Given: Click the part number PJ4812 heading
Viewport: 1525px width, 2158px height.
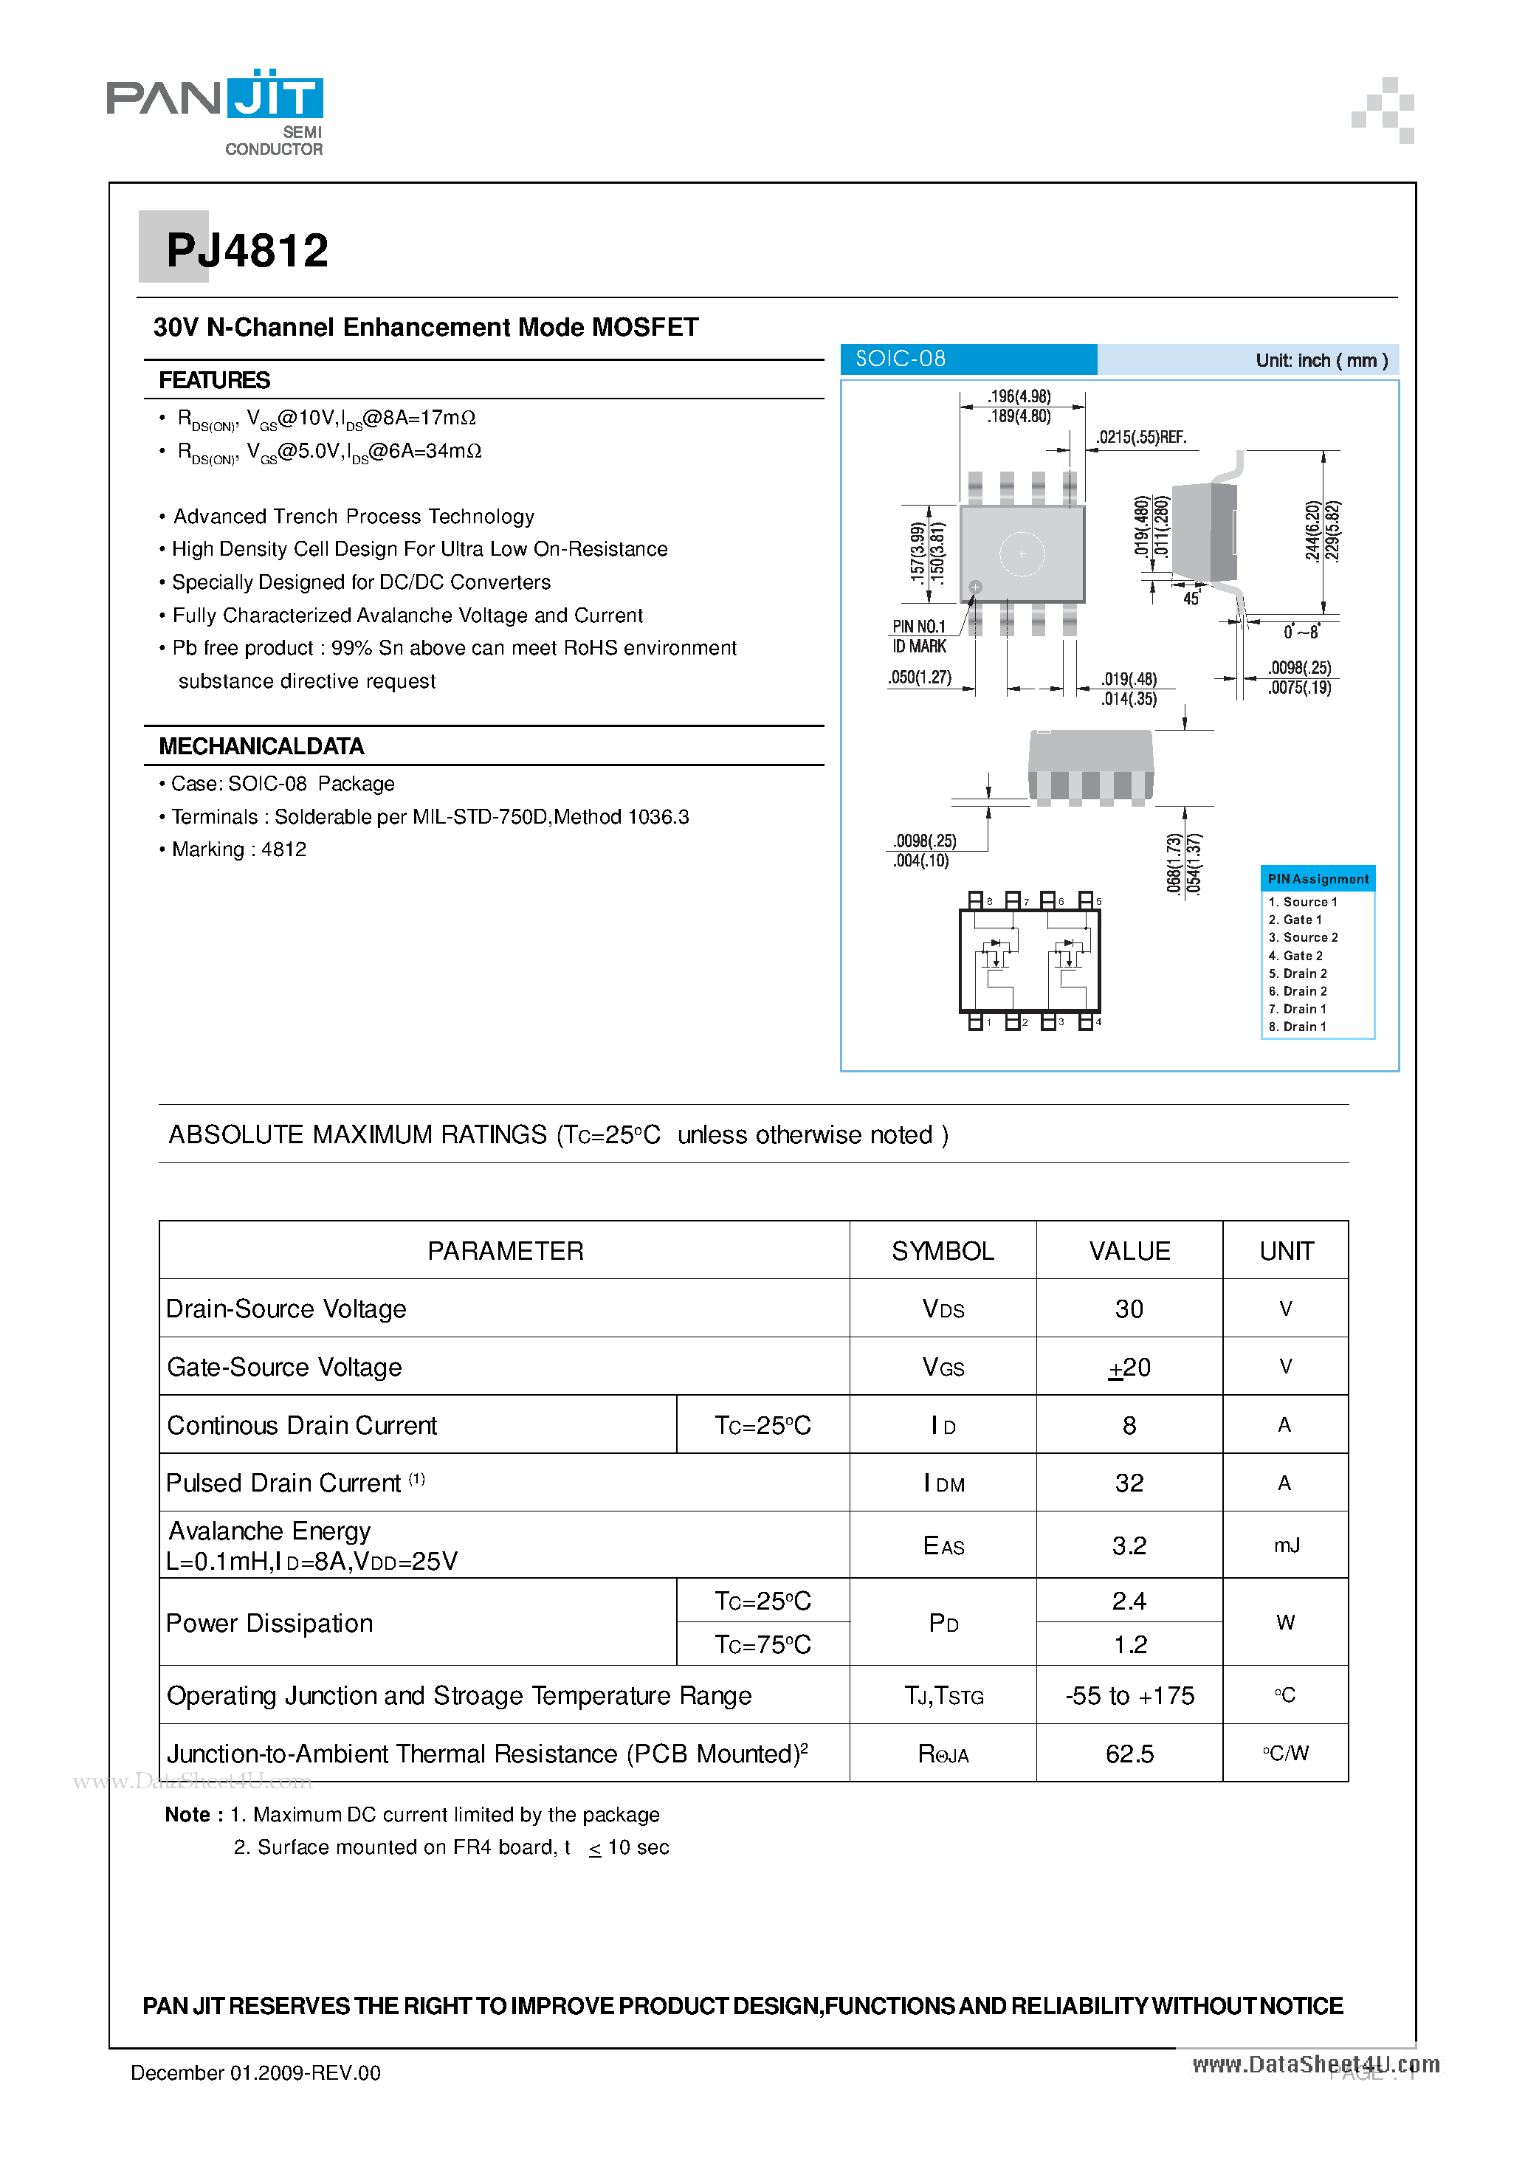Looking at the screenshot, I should tap(247, 251).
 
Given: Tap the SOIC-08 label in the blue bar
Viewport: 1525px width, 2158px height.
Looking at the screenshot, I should tap(900, 359).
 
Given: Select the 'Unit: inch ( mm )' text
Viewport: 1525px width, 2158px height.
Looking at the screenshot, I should tap(1321, 360).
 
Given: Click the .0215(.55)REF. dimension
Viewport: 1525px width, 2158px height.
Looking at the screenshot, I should tap(1141, 437).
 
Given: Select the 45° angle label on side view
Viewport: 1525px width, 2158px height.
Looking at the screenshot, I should tap(1191, 599).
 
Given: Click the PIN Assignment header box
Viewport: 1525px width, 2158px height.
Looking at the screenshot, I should tap(1318, 879).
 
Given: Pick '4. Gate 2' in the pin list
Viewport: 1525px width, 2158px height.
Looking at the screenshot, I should tap(1295, 956).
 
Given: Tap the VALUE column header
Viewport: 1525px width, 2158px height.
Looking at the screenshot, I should tap(1129, 1251).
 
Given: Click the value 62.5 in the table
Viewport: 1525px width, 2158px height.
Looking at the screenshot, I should tap(1129, 1754).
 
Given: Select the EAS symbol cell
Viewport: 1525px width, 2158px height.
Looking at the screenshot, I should tap(943, 1546).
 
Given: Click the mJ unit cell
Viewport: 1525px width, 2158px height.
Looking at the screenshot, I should tap(1285, 1546).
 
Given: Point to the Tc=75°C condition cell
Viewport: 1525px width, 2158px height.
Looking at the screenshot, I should tap(762, 1645).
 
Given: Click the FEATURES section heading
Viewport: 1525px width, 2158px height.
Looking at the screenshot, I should tap(214, 381).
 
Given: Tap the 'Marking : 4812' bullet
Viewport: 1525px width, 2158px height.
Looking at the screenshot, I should tap(239, 849).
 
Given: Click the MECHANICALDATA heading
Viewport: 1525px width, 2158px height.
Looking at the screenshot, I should tap(261, 746).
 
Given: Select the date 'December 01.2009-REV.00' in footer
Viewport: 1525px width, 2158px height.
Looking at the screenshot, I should tap(255, 2072).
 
